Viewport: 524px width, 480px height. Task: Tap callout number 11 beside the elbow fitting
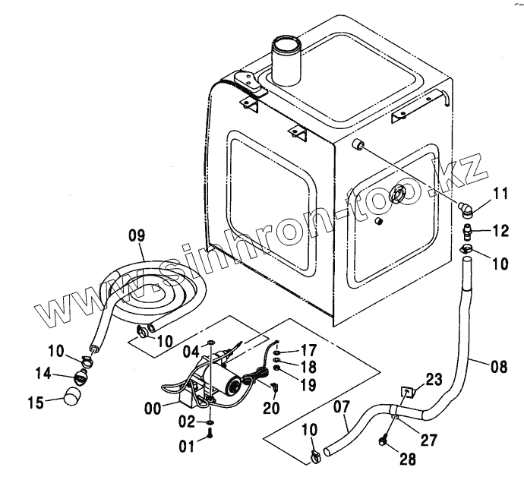tap(500, 195)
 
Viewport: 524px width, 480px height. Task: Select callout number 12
tap(500, 229)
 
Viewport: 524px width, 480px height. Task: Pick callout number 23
tap(432, 381)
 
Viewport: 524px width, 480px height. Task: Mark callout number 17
tap(308, 352)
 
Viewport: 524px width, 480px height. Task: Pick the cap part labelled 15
tap(71, 396)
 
